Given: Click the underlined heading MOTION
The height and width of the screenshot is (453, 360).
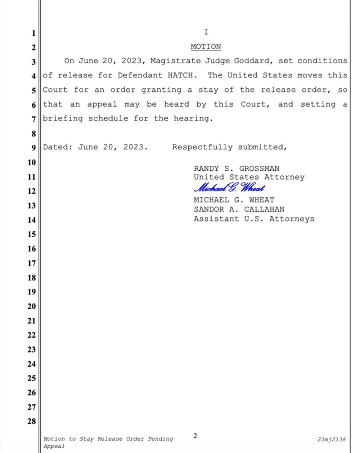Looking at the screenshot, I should click(206, 47).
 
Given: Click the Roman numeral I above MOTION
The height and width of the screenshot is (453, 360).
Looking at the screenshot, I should click(206, 32).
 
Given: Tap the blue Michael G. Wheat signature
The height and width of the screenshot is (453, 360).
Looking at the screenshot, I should click(230, 188).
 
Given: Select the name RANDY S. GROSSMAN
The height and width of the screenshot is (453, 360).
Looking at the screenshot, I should click(237, 169).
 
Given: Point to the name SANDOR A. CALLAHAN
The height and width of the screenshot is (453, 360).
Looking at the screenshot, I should click(239, 209).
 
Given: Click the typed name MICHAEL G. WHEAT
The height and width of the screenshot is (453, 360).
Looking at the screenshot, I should click(234, 200).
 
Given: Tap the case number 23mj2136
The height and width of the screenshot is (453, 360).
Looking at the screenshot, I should click(332, 439).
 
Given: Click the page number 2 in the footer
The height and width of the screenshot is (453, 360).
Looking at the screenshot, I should click(195, 436).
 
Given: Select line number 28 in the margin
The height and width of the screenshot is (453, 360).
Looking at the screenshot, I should click(32, 421).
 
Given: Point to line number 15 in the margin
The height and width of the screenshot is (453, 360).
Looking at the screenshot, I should click(32, 234).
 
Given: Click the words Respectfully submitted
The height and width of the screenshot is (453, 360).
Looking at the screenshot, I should click(229, 147).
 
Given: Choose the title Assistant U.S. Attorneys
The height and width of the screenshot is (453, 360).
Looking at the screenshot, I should click(254, 219).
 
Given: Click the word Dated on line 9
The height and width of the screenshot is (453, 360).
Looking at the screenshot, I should click(55, 147).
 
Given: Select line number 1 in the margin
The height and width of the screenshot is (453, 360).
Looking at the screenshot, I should click(33, 33).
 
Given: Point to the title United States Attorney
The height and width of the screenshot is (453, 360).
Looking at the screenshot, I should click(249, 177).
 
